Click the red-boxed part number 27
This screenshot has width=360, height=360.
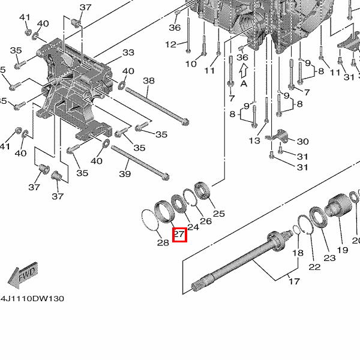tap(179, 235)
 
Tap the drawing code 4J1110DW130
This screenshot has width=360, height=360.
tap(32, 298)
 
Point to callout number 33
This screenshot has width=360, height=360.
tap(128, 53)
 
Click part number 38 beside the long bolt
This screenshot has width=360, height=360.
tap(149, 81)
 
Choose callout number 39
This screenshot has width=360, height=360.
tap(124, 174)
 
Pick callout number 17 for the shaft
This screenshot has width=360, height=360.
tap(294, 281)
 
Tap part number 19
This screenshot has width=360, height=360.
tap(342, 250)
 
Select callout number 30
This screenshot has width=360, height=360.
tap(302, 142)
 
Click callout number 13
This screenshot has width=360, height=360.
tap(255, 140)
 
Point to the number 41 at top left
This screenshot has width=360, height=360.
tap(25, 17)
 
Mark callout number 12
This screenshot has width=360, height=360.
tap(171, 44)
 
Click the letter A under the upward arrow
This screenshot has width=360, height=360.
tap(244, 83)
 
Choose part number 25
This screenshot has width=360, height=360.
tap(219, 214)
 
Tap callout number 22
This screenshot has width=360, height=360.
tap(314, 266)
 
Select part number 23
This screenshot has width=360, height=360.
tap(329, 258)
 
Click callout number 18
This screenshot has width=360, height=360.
tap(298, 253)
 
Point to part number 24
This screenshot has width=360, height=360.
tap(193, 227)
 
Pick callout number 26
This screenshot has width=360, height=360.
tap(206, 221)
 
